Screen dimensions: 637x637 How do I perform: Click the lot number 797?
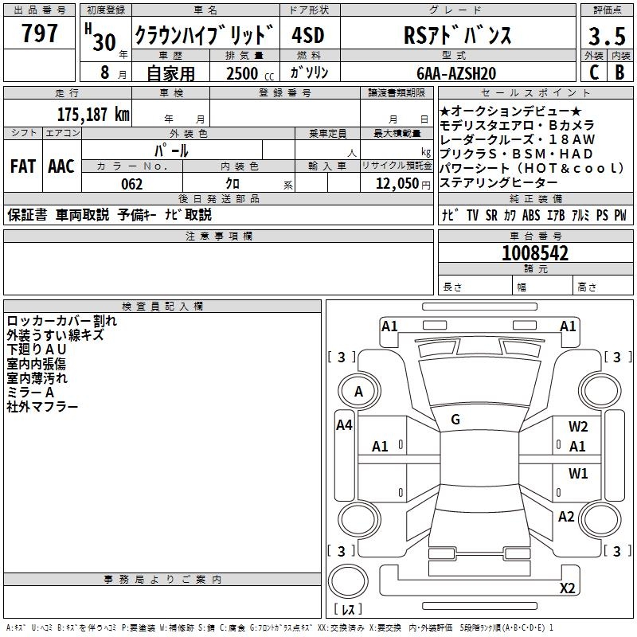(x=40, y=33)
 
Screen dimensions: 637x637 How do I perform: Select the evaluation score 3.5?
(x=606, y=37)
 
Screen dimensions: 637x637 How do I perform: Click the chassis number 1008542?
(x=535, y=254)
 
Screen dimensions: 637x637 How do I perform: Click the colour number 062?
(x=131, y=184)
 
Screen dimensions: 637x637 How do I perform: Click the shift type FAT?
(x=22, y=166)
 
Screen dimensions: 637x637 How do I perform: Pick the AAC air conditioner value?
(x=61, y=166)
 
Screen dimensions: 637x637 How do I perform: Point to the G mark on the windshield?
(x=455, y=420)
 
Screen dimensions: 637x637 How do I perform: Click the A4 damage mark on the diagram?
(x=344, y=425)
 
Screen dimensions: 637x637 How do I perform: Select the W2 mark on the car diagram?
(x=578, y=427)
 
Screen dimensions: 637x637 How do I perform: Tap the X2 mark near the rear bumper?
(x=568, y=588)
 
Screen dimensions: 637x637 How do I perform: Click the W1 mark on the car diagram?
(x=578, y=474)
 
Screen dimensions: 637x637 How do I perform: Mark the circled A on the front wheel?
(x=358, y=392)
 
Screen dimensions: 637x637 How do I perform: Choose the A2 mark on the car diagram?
(x=566, y=517)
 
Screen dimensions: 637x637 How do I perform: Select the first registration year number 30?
(x=104, y=42)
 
